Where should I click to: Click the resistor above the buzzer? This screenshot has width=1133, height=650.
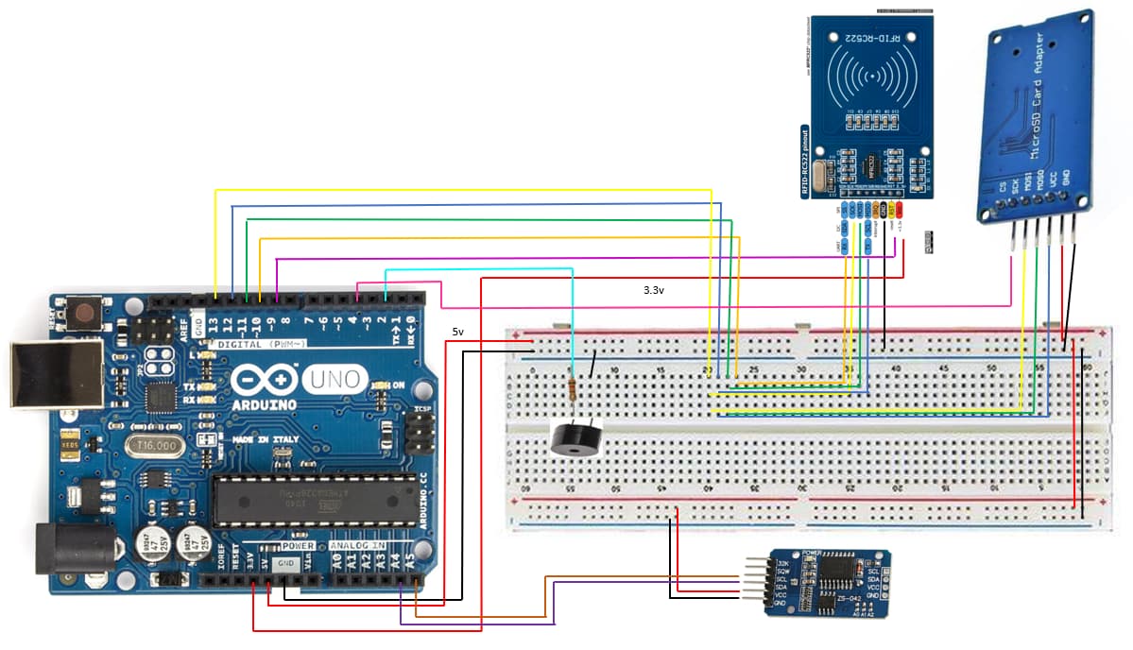574,388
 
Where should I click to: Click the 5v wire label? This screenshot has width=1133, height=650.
457,333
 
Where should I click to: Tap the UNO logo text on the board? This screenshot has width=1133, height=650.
334,380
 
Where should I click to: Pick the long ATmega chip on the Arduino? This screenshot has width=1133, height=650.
312,501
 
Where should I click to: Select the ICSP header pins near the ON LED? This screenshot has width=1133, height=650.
418,435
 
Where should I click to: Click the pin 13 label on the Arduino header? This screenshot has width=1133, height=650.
215,324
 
